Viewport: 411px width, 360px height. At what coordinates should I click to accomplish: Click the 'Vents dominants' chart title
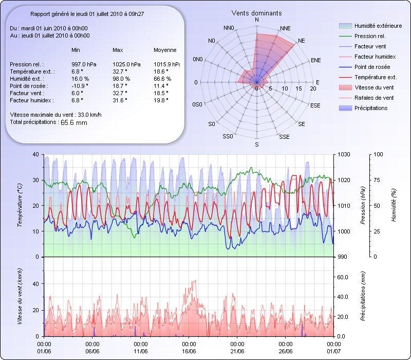coord(256,13)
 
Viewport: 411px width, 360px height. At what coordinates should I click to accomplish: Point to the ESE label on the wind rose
coord(316,105)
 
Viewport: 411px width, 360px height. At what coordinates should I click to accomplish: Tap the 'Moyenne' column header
coord(165,50)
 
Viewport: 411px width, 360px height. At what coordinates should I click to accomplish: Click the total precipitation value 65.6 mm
coord(74,122)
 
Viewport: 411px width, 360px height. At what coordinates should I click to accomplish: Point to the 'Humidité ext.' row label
coord(32,79)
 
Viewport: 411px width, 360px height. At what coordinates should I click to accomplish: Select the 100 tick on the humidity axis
coord(378,154)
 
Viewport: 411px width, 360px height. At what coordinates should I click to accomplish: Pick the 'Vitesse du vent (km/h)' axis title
coord(20,296)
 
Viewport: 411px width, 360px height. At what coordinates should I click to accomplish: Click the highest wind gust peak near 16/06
coord(195,280)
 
